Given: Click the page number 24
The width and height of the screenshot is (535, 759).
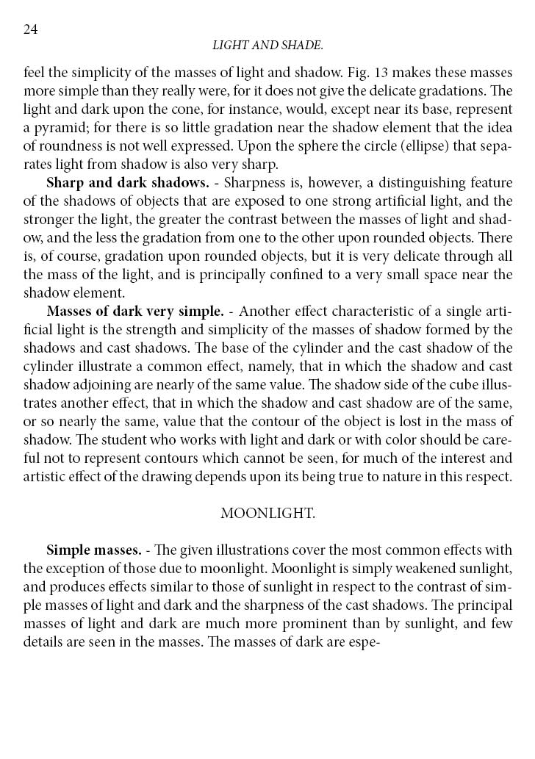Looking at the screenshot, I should point(31,29).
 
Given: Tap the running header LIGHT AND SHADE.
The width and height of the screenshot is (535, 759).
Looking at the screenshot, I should point(267,46).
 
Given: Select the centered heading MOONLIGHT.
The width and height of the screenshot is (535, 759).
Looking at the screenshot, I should point(267,514).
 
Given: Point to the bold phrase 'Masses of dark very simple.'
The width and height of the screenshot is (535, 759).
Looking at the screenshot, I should point(134,311).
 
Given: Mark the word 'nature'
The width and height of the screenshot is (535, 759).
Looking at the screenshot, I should point(406,476).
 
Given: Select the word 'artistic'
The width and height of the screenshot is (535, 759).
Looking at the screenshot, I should point(43,476).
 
